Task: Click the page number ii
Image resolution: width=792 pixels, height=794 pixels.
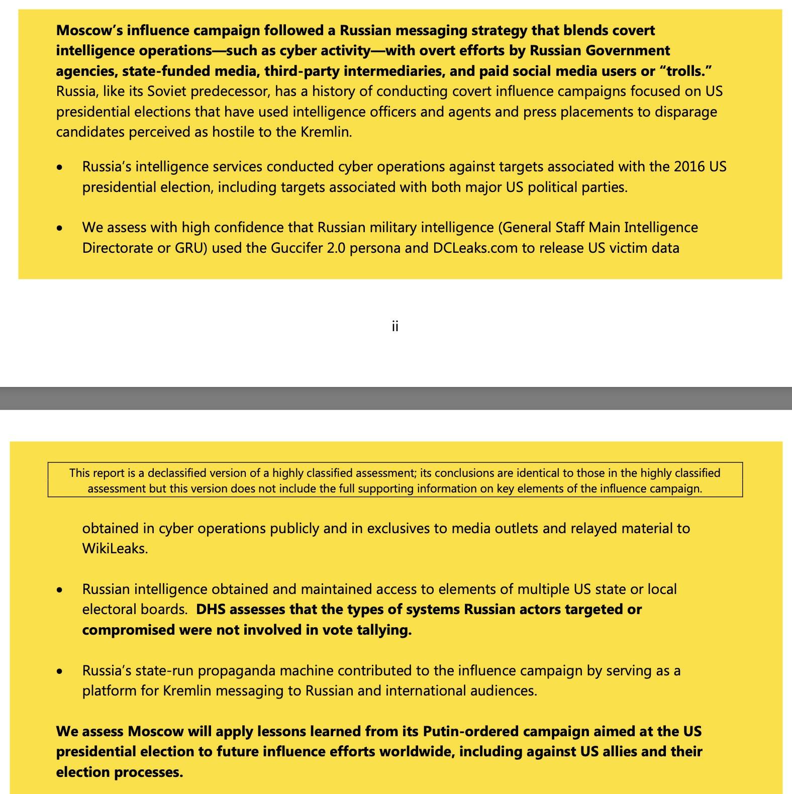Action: click(395, 327)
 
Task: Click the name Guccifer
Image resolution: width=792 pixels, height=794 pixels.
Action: click(297, 248)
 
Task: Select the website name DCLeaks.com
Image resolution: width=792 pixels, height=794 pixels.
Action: click(475, 248)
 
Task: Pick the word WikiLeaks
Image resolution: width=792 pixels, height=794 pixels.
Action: click(115, 549)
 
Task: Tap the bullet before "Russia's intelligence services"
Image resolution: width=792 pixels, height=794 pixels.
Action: click(60, 167)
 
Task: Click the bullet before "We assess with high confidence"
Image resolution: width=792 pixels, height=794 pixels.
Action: click(60, 228)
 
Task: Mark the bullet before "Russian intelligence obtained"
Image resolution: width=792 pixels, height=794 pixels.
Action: click(60, 590)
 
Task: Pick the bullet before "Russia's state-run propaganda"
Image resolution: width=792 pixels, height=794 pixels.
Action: click(60, 671)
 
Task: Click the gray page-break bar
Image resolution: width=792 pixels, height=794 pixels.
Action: click(396, 398)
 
